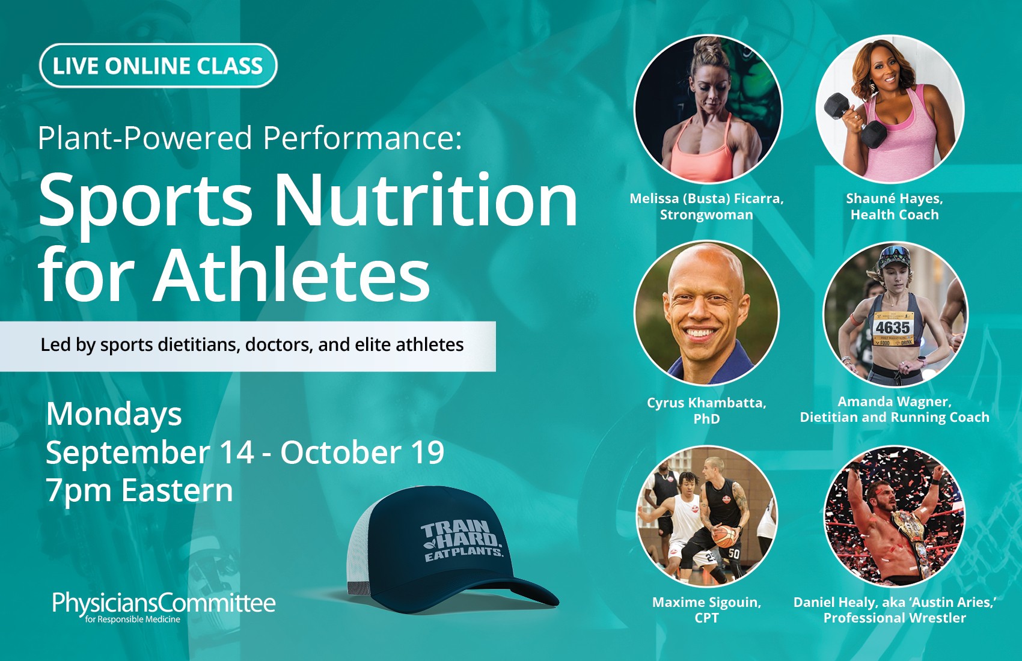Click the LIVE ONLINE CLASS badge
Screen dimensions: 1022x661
click(158, 65)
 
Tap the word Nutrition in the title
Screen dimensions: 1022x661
click(425, 201)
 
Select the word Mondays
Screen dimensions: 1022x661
click(114, 415)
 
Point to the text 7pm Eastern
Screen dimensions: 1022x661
click(139, 491)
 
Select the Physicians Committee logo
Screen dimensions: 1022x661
click(164, 607)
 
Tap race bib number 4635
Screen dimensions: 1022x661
click(892, 327)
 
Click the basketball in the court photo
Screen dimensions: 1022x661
click(724, 537)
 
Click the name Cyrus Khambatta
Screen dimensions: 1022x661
click(706, 403)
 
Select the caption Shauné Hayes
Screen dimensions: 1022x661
click(895, 198)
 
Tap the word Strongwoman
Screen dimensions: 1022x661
click(706, 215)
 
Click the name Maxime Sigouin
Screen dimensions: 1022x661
click(706, 603)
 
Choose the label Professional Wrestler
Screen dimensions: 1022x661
click(895, 618)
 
